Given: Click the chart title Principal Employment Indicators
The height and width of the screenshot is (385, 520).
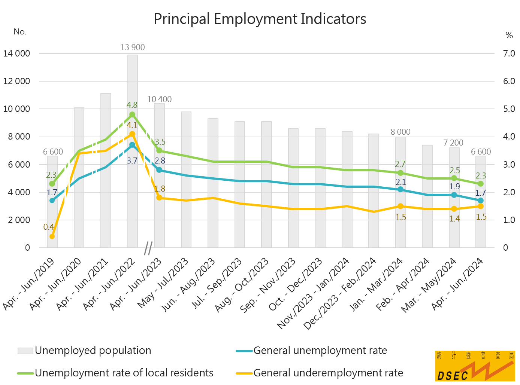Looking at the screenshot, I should pyautogui.click(x=260, y=19).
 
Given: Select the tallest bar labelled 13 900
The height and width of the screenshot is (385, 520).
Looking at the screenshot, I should pyautogui.click(x=132, y=150).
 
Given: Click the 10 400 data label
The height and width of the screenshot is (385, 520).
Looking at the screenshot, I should pyautogui.click(x=159, y=100).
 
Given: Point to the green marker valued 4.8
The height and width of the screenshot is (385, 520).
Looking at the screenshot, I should pyautogui.click(x=132, y=114).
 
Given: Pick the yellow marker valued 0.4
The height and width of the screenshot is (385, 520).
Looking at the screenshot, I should pyautogui.click(x=52, y=236).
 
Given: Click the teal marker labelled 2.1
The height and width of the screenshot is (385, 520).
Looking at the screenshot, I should pyautogui.click(x=400, y=189).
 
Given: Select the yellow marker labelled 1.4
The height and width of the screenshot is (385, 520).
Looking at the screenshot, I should pyautogui.click(x=454, y=209).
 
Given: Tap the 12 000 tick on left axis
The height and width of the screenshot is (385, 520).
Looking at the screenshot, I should pyautogui.click(x=16, y=81).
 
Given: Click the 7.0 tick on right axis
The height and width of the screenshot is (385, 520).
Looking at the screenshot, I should pyautogui.click(x=509, y=54).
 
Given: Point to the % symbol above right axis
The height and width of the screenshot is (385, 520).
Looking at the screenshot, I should pyautogui.click(x=509, y=36).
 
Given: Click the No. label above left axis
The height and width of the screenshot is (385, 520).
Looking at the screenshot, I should pyautogui.click(x=20, y=32).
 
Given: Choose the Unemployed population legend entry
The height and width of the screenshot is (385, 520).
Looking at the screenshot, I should pyautogui.click(x=85, y=351).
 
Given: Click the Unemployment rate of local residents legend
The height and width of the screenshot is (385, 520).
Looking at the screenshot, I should pyautogui.click(x=115, y=373).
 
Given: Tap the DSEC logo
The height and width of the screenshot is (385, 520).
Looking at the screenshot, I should pyautogui.click(x=475, y=366).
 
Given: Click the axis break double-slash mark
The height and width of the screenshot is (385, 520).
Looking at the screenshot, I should pyautogui.click(x=148, y=248).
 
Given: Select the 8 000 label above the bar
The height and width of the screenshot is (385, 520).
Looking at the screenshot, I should pyautogui.click(x=400, y=132).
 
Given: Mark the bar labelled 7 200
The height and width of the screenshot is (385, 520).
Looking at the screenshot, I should pyautogui.click(x=454, y=198).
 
